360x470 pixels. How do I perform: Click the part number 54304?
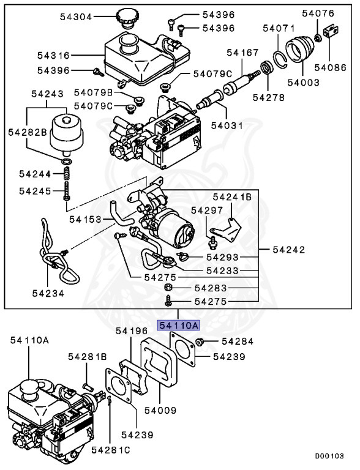coord(75,17)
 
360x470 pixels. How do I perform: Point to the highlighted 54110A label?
coord(179,326)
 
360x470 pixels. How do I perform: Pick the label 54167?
coord(243,52)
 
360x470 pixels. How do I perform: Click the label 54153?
coord(86,218)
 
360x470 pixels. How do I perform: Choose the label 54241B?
coord(232,197)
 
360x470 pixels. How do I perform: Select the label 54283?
coord(211,288)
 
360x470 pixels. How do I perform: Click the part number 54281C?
coord(111,450)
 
